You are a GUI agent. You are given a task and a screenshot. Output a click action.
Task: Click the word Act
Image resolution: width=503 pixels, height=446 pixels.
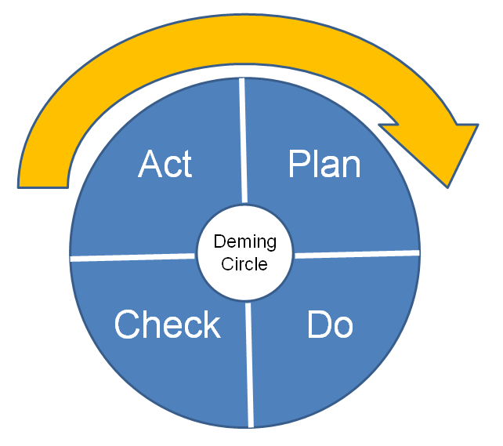(x=165, y=165)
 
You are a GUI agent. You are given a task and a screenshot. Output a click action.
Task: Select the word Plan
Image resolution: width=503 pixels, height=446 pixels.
(x=324, y=165)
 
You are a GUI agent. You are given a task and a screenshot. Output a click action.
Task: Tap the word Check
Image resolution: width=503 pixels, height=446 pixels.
(x=167, y=325)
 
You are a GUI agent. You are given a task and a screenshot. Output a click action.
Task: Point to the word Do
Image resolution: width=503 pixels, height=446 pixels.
(x=330, y=325)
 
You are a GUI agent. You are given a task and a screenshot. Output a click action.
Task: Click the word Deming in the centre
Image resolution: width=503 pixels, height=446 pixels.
(x=244, y=242)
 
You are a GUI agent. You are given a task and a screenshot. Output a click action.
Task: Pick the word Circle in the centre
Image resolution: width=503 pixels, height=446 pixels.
(x=244, y=263)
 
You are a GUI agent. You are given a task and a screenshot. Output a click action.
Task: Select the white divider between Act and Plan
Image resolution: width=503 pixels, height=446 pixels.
(x=243, y=141)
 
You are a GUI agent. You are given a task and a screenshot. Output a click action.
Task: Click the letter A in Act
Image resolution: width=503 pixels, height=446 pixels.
(x=150, y=164)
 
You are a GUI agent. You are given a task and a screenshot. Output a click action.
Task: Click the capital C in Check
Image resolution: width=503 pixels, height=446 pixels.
(x=128, y=325)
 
